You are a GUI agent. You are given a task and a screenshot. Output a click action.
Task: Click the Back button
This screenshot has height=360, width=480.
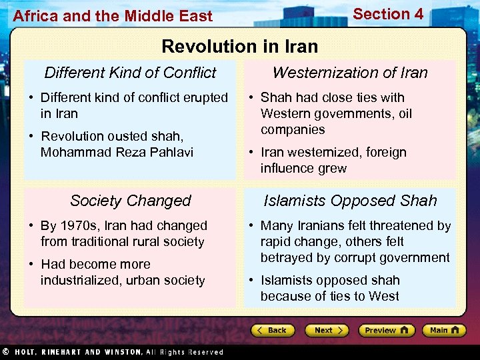click(x=273, y=330)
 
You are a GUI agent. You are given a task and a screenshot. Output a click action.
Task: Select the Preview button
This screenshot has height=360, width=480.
click(x=386, y=330)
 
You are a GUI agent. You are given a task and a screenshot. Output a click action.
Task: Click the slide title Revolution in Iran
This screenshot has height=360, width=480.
click(x=239, y=46)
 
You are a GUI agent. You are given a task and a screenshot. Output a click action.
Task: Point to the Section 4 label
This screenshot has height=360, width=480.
click(x=388, y=14)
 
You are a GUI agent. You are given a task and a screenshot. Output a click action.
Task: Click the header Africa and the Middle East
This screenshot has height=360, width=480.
click(x=113, y=16)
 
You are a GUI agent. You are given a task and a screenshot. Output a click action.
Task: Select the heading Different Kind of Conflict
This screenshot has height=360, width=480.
click(x=130, y=73)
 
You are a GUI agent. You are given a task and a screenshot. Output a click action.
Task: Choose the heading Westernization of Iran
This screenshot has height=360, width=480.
click(x=350, y=73)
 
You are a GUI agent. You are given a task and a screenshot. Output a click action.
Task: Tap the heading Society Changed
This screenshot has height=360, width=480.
click(x=130, y=201)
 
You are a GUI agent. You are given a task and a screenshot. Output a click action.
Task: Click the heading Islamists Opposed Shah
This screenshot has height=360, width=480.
click(x=350, y=201)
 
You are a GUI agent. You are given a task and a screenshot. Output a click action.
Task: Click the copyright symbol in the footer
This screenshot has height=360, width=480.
click(x=5, y=352)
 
